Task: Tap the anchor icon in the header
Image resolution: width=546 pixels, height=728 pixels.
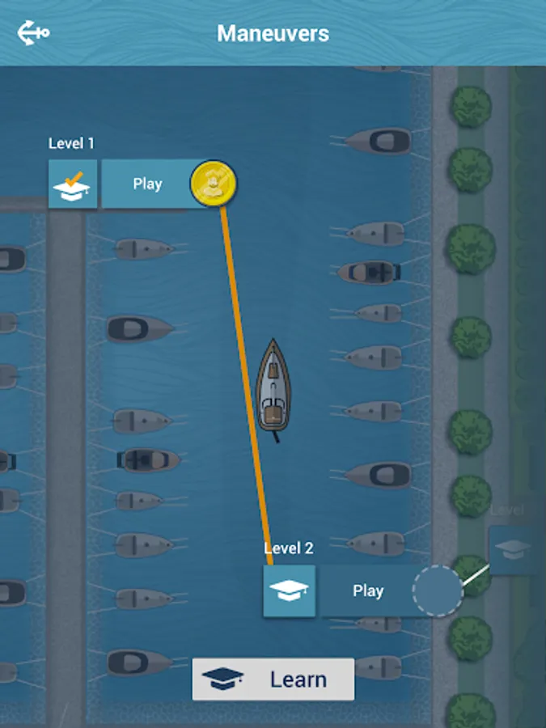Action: [x=33, y=33]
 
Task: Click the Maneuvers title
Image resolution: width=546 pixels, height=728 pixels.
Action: [x=273, y=33]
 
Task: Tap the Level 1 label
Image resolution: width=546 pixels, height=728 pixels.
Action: [x=71, y=143]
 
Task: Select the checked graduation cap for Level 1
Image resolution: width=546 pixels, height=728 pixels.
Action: [x=73, y=184]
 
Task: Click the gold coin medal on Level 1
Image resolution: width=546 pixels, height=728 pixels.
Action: [x=213, y=184]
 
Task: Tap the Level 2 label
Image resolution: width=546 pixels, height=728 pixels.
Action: [x=288, y=548]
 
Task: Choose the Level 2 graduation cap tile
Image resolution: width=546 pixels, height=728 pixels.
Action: [x=290, y=591]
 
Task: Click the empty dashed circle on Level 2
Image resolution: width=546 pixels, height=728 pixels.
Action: [x=438, y=590]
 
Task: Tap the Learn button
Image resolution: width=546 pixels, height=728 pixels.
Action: [x=273, y=679]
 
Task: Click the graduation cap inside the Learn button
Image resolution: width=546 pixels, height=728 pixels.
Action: [x=223, y=679]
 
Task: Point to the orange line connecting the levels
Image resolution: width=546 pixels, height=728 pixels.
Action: [x=246, y=386]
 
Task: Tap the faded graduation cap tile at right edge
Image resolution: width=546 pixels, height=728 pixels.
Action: [x=513, y=551]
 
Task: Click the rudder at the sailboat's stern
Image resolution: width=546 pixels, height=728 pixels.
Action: [x=276, y=437]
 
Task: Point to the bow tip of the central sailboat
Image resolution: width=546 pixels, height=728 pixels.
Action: [x=273, y=338]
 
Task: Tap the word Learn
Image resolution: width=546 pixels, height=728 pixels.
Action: [x=298, y=679]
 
